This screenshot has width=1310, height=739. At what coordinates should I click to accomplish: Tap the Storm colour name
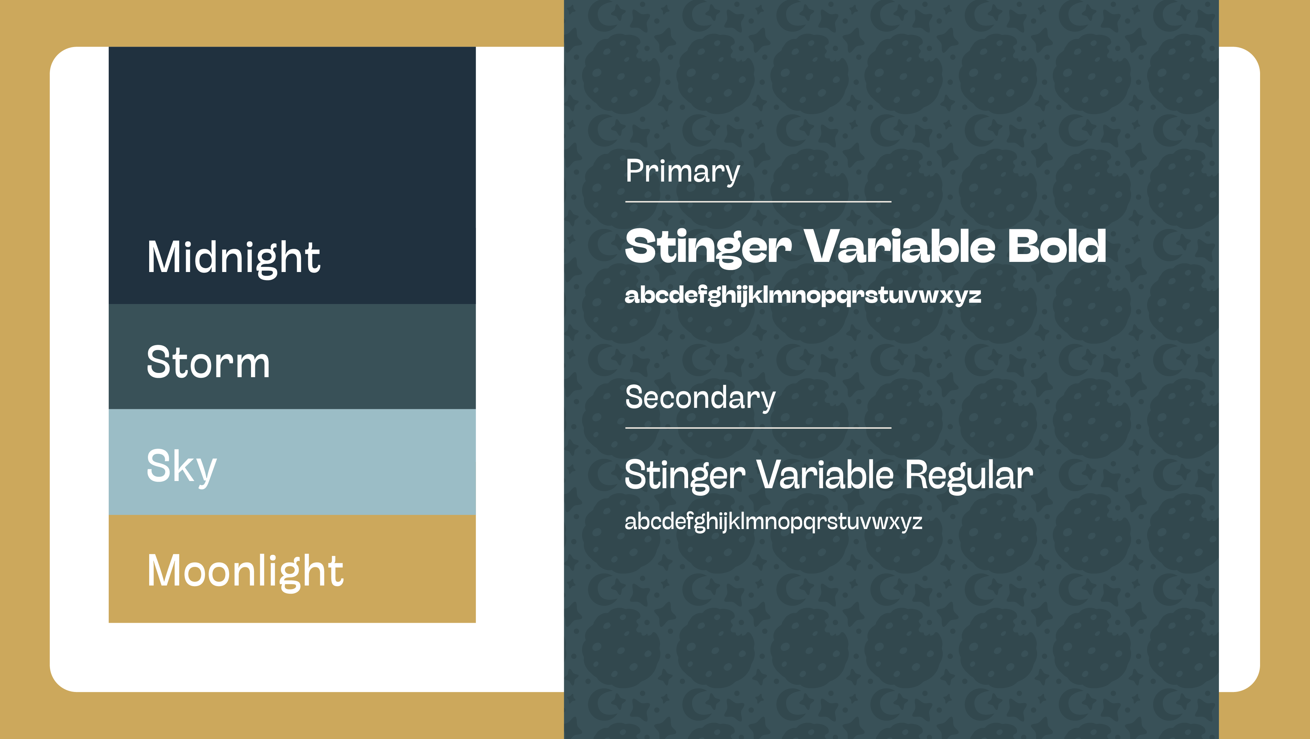pyautogui.click(x=208, y=362)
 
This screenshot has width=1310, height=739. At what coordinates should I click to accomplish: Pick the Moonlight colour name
pyautogui.click(x=245, y=572)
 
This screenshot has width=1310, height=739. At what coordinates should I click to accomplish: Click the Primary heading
pyautogui.click(x=683, y=172)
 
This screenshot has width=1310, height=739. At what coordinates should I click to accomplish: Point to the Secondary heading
pyautogui.click(x=700, y=398)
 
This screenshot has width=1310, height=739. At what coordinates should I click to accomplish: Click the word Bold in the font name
pyautogui.click(x=1057, y=246)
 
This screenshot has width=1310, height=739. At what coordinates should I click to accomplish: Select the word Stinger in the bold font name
pyautogui.click(x=708, y=248)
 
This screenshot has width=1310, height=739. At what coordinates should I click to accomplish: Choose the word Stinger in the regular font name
pyautogui.click(x=685, y=475)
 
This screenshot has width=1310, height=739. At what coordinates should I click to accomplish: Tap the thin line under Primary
pyautogui.click(x=758, y=202)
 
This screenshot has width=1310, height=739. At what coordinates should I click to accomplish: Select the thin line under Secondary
pyautogui.click(x=758, y=428)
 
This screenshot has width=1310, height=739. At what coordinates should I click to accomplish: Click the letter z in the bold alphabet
pyautogui.click(x=974, y=297)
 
